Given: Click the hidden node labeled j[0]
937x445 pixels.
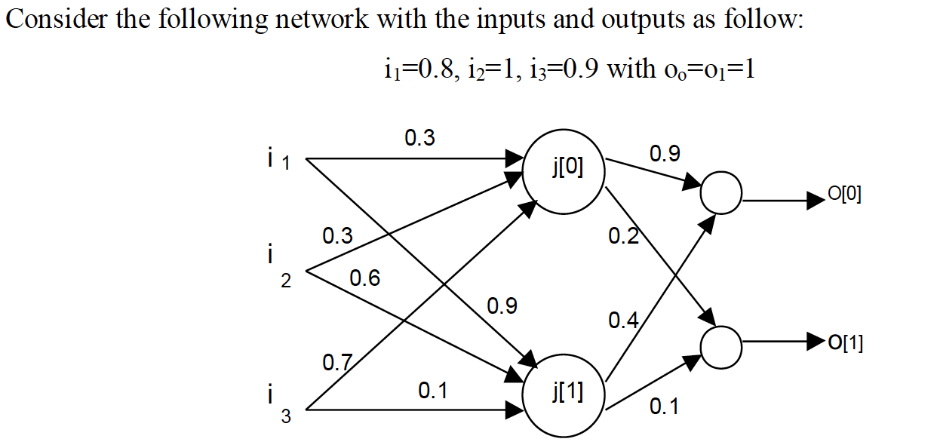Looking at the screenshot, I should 567,168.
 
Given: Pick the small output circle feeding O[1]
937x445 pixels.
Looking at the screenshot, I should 722,345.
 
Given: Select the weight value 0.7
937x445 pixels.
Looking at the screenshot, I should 337,364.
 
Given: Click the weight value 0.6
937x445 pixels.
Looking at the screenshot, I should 365,279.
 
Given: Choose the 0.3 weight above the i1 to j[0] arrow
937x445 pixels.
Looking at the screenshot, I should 419,138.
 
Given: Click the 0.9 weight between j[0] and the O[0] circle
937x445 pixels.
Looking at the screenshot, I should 664,154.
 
